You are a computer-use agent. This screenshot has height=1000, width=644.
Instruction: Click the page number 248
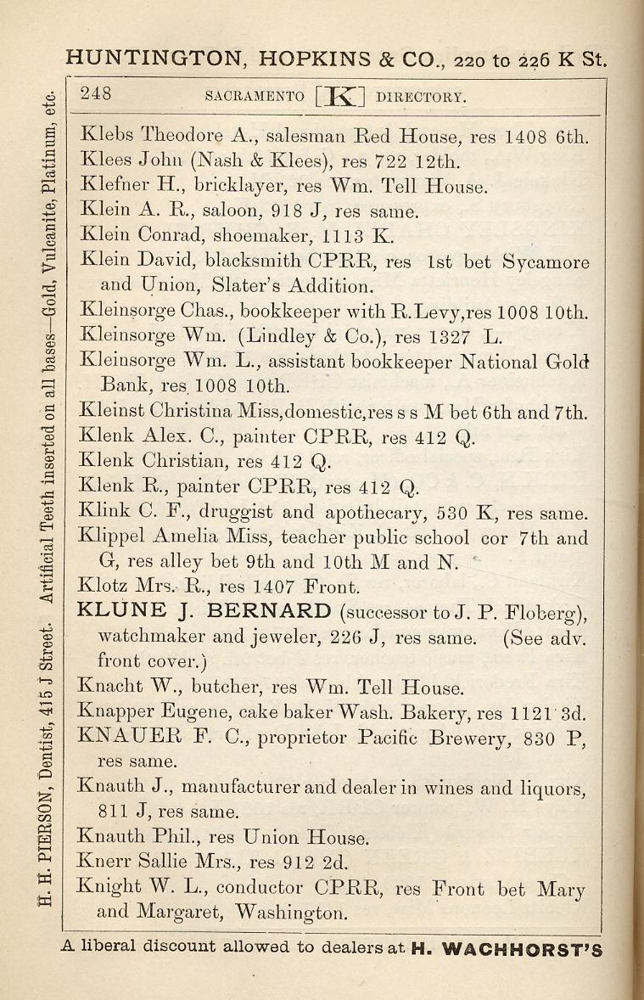click(x=97, y=94)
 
